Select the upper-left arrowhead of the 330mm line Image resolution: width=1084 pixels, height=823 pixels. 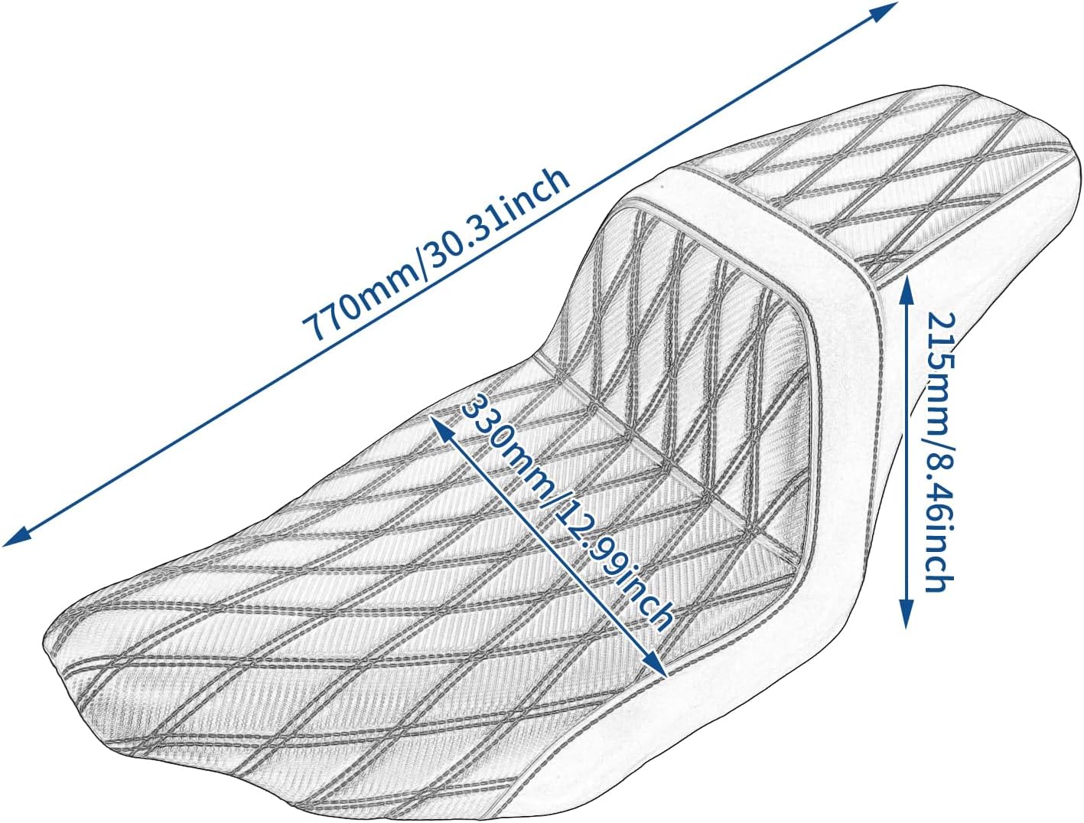(437, 422)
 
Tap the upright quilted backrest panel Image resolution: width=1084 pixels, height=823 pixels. (688, 306)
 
